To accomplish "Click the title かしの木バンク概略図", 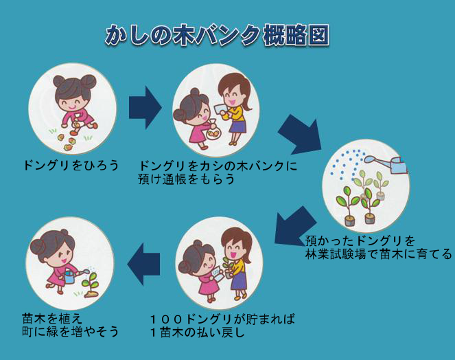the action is pyautogui.click(x=217, y=35).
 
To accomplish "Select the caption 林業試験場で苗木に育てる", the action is pyautogui.click(x=379, y=254).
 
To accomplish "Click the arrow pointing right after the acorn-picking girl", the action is pyautogui.click(x=144, y=104).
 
